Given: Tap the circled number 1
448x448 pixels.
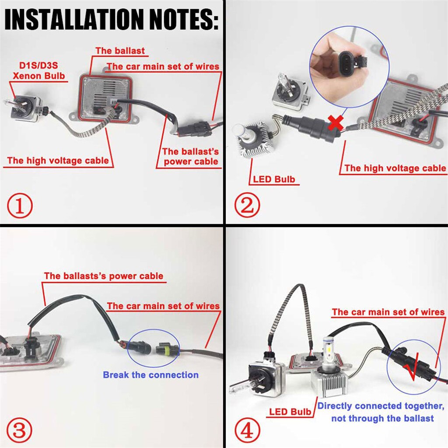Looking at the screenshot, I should [x=19, y=206].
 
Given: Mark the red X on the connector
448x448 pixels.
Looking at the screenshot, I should [x=335, y=123].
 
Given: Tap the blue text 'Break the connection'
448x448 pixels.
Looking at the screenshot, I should [x=150, y=375].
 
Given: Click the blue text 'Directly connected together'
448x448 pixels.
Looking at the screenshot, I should [x=381, y=406].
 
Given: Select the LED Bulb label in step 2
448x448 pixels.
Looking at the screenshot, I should [x=273, y=179].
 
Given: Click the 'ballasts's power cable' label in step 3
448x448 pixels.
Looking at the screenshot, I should [x=103, y=276].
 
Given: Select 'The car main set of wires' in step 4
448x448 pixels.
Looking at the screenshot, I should [x=388, y=312].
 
